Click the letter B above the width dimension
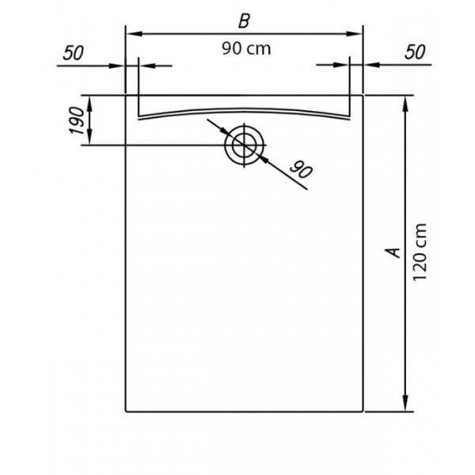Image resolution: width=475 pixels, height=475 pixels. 244,21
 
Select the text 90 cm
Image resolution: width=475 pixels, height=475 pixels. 246,49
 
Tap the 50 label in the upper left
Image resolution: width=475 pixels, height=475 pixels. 74,53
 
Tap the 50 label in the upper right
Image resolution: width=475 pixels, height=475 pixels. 415,52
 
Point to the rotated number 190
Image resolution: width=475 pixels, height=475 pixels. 76,120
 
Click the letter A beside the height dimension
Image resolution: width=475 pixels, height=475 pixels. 393,253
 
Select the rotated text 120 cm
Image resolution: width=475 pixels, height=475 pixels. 420,253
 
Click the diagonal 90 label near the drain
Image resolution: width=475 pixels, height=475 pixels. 301,169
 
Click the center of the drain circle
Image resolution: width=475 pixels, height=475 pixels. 245,145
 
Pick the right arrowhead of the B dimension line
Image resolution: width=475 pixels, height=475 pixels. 355,33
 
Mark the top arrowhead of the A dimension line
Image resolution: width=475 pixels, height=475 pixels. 405,104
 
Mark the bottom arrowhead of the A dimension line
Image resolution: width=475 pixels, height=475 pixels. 405,404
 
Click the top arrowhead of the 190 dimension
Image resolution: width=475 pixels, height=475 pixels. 89,103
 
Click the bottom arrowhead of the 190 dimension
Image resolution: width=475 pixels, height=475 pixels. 89,138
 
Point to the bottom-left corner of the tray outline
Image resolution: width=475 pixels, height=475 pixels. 126,412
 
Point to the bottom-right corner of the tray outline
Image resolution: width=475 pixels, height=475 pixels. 363,412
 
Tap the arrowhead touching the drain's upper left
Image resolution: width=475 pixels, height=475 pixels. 225,131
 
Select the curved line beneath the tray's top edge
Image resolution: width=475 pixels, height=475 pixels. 244,109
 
